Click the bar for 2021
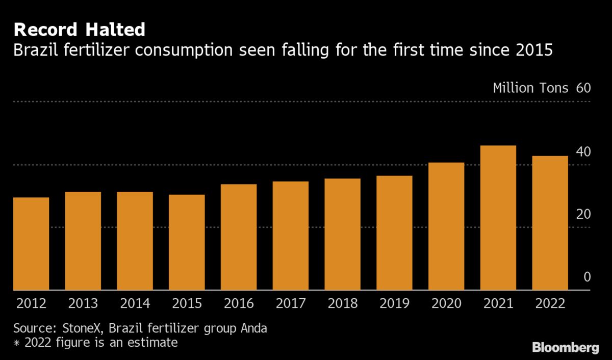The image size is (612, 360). coord(498,218)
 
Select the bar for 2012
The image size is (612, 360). coord(31,244)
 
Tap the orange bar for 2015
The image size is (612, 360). coord(187,242)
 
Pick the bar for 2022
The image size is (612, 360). coord(550,223)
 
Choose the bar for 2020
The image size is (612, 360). coord(446,226)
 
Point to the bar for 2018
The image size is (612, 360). coord(342,234)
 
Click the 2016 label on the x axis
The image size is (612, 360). coord(239,303)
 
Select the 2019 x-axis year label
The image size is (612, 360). coord(394,303)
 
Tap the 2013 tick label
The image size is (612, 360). coord(83,303)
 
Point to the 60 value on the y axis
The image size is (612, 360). coord(583,88)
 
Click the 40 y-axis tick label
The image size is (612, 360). coord(583,151)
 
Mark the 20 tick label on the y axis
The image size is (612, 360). coord(583,214)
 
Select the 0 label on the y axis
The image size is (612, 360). coord(586,277)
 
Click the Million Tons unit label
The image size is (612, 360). coord(530,88)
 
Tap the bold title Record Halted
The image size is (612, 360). coord(79,30)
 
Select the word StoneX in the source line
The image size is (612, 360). coord(79,328)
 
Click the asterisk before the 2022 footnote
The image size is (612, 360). coord(16,343)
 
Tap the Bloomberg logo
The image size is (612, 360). coord(566,348)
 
